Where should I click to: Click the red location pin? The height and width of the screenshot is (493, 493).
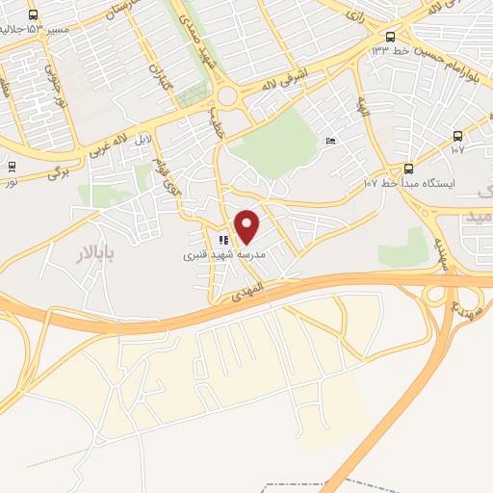247,225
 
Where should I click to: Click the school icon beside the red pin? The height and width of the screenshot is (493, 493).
222,240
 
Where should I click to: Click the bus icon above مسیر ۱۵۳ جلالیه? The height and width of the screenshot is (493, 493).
35,14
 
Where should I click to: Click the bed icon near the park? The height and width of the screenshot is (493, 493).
331,141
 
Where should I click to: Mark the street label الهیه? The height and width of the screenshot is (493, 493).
363,105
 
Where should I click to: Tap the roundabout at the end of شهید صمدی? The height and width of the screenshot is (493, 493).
229,97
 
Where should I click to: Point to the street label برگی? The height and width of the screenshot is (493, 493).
61,174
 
